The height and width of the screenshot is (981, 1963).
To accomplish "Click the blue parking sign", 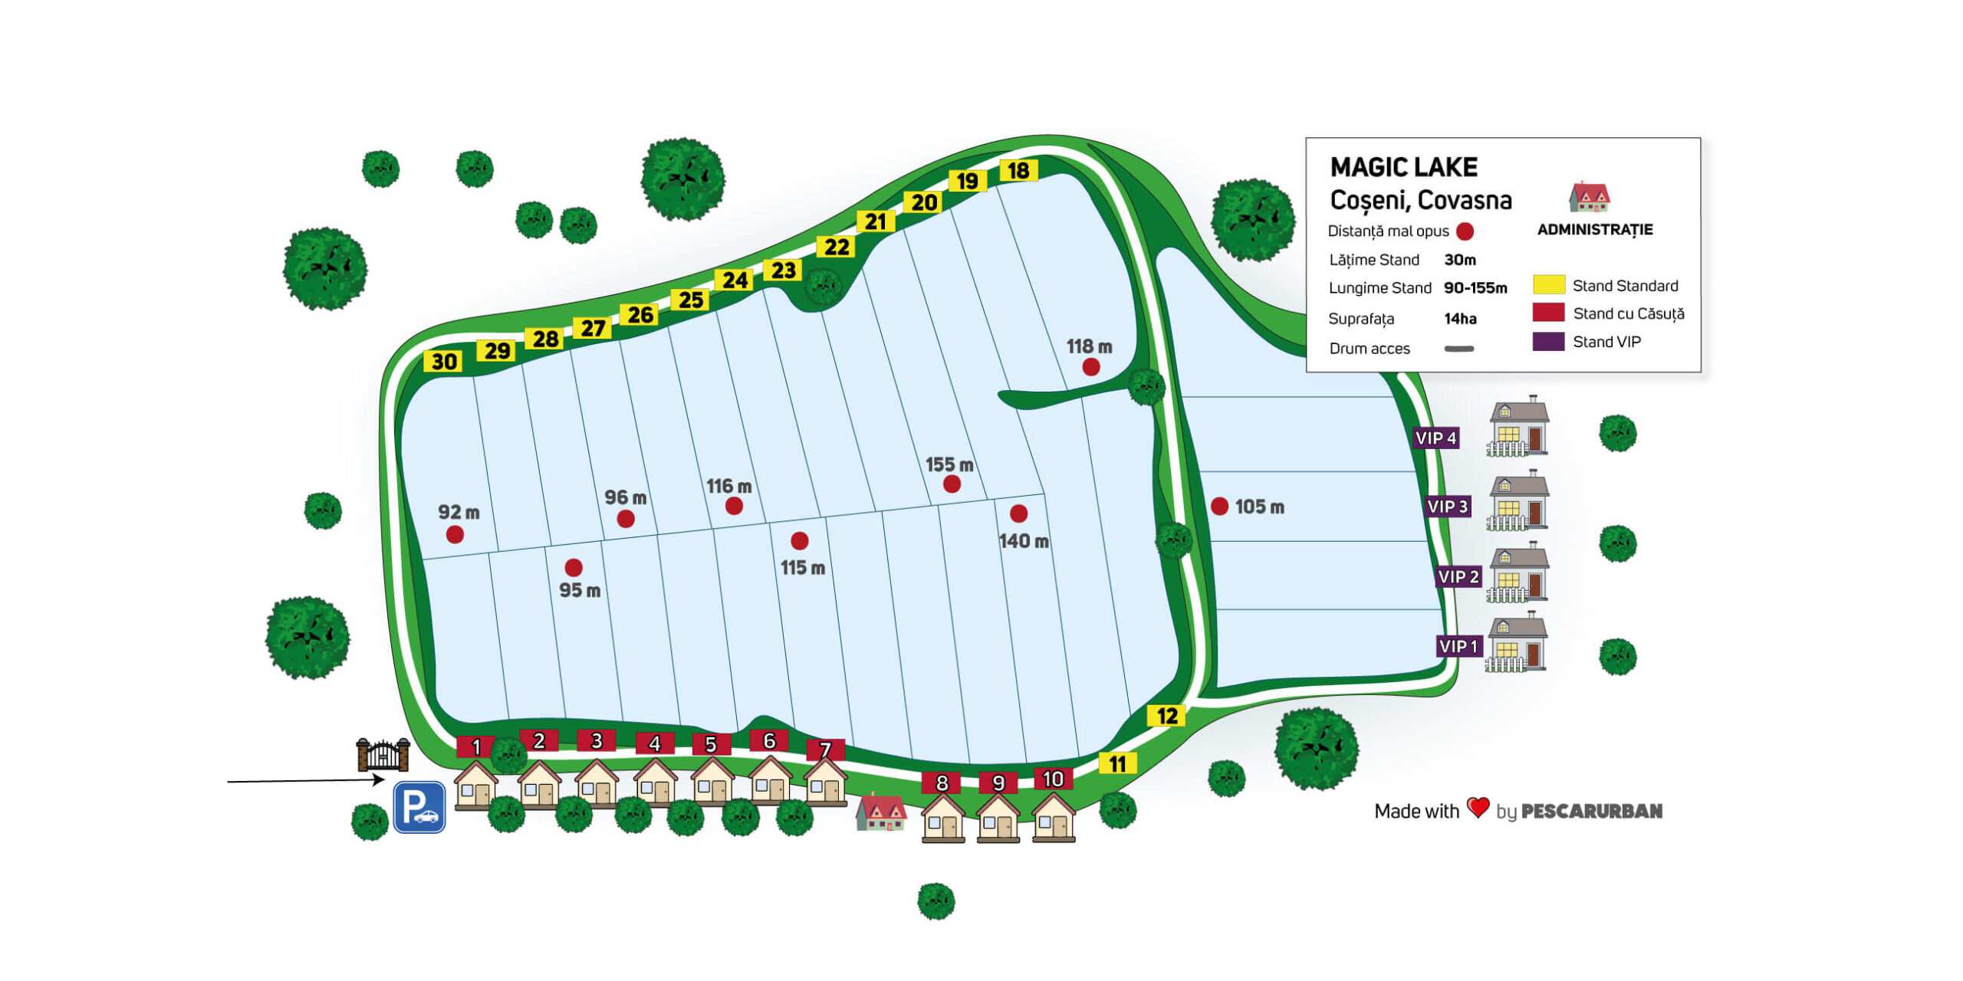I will coord(419,807).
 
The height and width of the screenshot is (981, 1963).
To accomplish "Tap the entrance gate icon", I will coord(383,755).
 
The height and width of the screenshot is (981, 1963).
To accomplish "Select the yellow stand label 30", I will coord(444,362).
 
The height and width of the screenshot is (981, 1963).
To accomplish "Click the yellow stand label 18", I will coord(1018,171).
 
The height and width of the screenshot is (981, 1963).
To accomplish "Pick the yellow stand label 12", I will coord(1166,716).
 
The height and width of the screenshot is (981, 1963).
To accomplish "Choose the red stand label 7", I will coord(825,749).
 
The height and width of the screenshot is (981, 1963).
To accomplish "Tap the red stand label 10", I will coord(1053,779).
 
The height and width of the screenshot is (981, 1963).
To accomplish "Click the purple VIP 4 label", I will coord(1435,438).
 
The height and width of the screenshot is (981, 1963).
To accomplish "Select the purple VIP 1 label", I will coord(1458,646).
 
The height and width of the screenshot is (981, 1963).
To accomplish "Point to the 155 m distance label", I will coord(949,464).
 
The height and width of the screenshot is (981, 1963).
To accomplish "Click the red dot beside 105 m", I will coord(1219,506).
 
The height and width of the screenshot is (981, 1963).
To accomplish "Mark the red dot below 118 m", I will coord(1090,367).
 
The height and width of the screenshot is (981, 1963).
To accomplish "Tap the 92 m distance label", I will coord(459,512).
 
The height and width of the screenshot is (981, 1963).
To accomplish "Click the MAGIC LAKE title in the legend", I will coord(1403,167).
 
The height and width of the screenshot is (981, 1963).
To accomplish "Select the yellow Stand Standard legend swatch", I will coord(1548,285).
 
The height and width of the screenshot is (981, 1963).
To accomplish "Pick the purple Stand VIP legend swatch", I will coord(1548,342).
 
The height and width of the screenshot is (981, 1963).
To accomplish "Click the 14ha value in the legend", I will coord(1460,318).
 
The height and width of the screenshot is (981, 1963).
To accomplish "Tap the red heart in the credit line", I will coord(1478,807).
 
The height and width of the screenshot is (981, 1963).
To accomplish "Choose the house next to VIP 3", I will coord(1517,502).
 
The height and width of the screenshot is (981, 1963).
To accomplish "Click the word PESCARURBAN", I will coord(1591,811).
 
